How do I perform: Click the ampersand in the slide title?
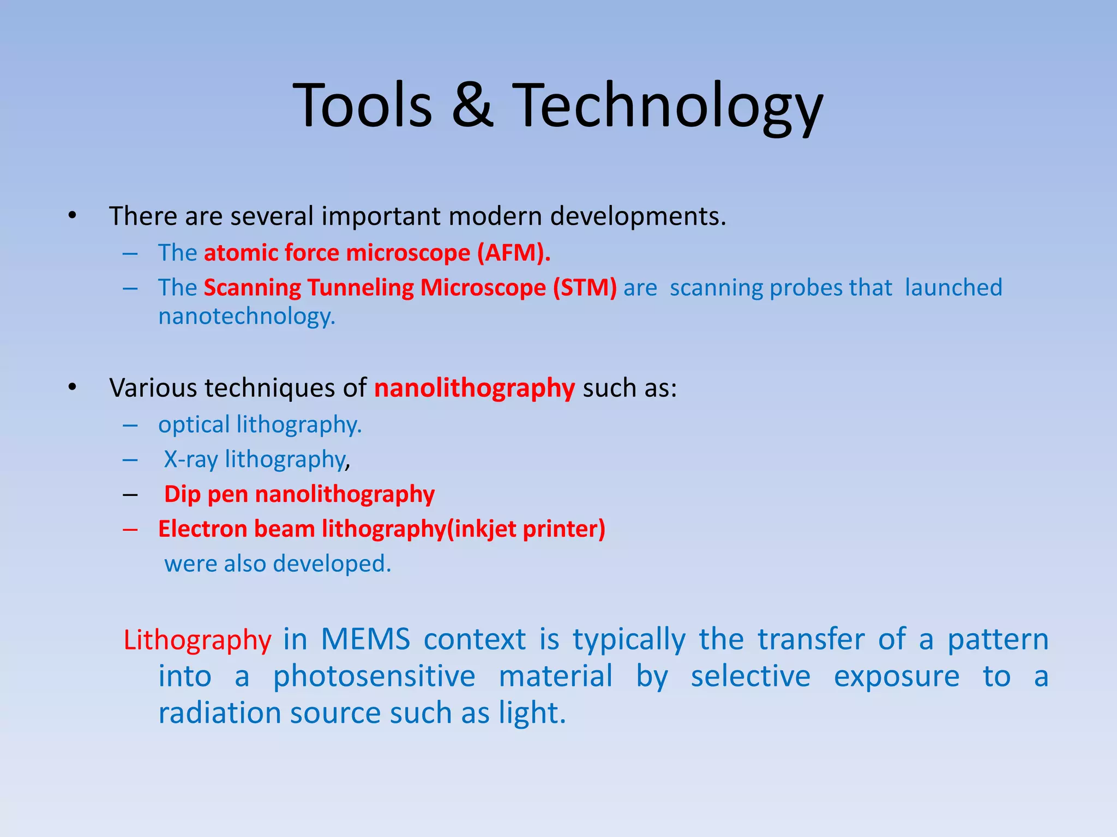[x=473, y=105]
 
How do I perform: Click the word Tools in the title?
[x=363, y=105]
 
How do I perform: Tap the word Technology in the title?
[x=668, y=106]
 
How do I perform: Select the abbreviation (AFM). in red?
[x=514, y=253]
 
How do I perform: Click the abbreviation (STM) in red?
[x=585, y=288]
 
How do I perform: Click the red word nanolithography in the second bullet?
[x=475, y=389]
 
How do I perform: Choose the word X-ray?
[x=191, y=459]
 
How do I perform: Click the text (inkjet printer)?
[x=526, y=529]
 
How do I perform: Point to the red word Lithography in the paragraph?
[x=197, y=640]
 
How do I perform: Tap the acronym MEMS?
[x=365, y=639]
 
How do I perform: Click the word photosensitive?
[x=374, y=676]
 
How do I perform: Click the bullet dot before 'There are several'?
[x=73, y=216]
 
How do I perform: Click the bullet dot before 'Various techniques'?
[x=73, y=388]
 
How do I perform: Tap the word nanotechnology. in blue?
[x=247, y=317]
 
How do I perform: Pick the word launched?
[x=953, y=288]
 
